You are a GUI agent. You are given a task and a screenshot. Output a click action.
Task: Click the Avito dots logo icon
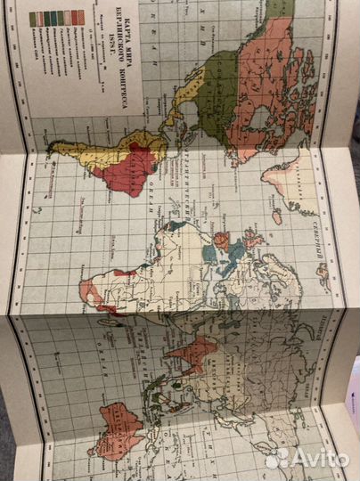click(276, 458)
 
